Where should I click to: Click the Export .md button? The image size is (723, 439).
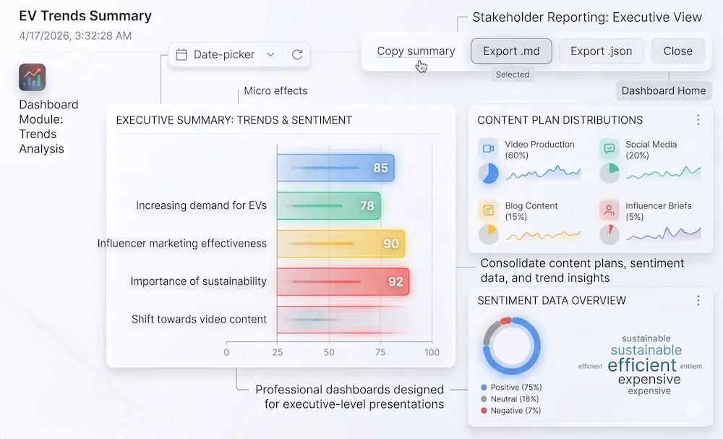coord(511,51)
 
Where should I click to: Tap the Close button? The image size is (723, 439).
coord(677,51)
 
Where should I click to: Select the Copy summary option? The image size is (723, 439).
coord(416,51)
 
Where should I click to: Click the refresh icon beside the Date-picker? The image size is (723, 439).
coord(297,54)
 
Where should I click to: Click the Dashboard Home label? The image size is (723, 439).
coord(663,90)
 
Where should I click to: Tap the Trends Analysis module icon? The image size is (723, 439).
coord(33,77)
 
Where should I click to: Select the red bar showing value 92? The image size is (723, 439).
coord(343,281)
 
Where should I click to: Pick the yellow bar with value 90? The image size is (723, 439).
coord(341,244)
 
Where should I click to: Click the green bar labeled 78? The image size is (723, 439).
coord(328,205)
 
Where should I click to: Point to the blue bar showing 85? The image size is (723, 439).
coord(335,168)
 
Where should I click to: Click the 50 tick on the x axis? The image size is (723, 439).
coord(329,353)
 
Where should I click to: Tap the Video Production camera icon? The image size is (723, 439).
coord(488,148)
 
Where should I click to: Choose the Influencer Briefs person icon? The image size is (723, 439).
coord(609,210)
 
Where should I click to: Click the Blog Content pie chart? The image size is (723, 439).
coord(488,234)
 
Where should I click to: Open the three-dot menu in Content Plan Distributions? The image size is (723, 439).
coord(698,120)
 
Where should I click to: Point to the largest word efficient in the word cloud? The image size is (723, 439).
coord(642,365)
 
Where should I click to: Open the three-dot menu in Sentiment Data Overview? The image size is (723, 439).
coord(698,300)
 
